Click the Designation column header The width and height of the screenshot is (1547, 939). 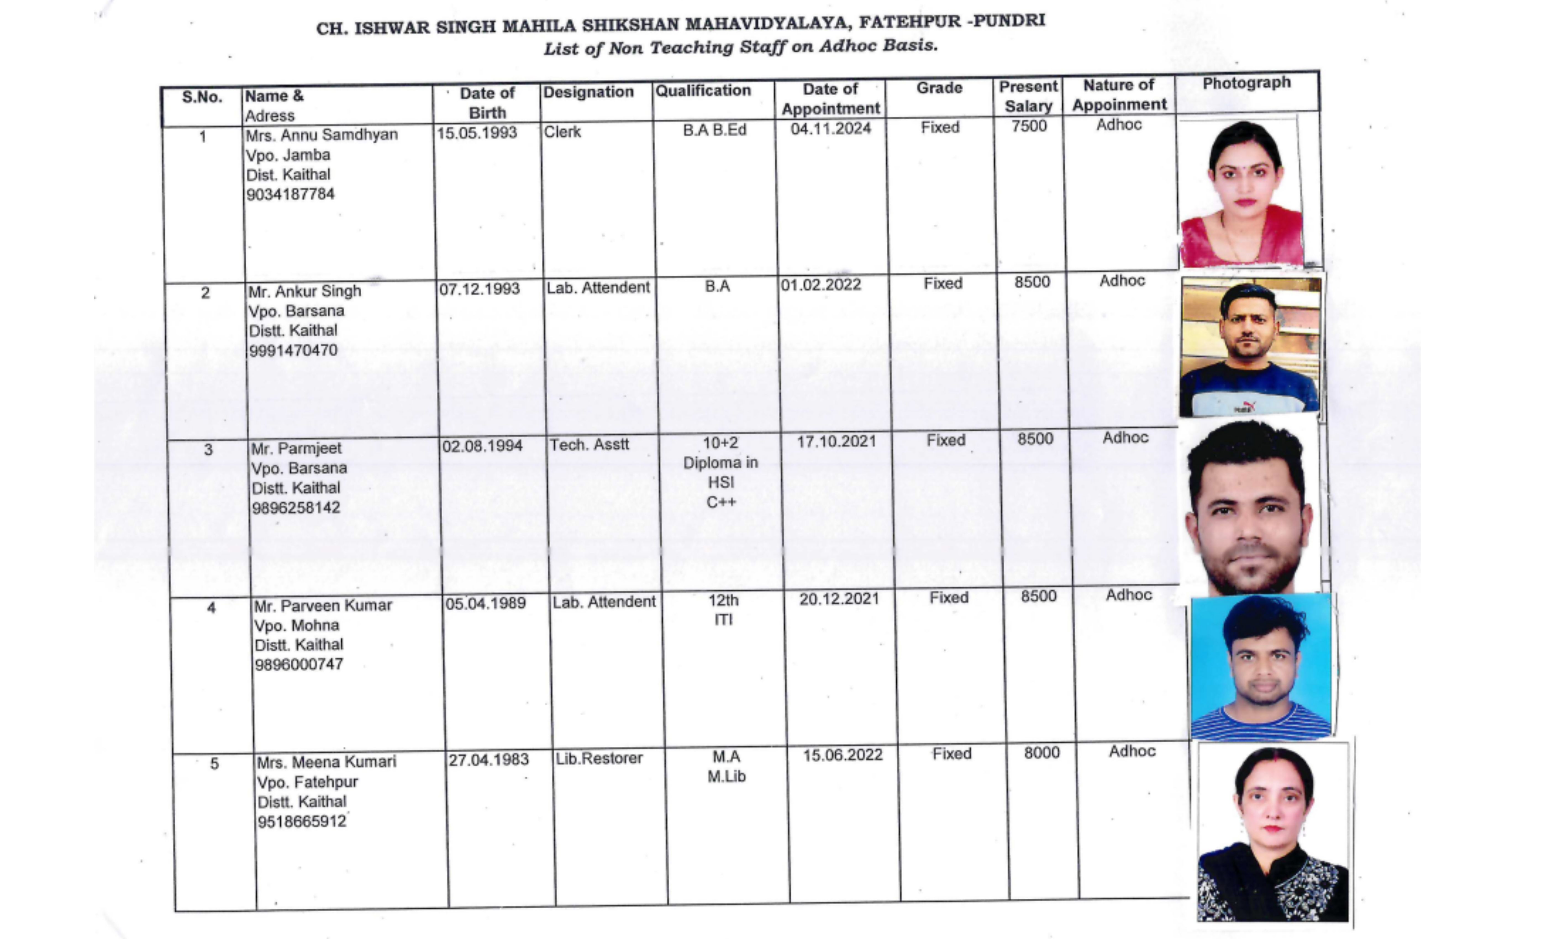click(588, 92)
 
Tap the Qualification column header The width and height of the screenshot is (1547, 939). click(703, 91)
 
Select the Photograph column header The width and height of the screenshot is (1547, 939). click(1246, 83)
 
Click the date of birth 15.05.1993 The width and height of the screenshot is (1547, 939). click(477, 133)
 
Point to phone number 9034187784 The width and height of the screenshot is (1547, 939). click(290, 195)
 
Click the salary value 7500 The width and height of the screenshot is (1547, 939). click(1029, 126)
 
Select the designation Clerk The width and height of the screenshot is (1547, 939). click(562, 132)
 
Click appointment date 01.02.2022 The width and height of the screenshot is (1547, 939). click(820, 285)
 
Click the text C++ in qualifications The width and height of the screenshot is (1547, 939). click(721, 502)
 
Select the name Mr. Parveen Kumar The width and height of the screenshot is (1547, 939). click(323, 606)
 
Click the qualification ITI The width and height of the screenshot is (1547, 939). click(723, 620)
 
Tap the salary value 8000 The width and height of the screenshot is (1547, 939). click(1041, 753)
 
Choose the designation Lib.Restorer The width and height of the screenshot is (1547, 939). click(599, 758)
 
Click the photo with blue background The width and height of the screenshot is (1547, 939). click(1261, 667)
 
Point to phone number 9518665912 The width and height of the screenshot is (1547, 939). click(301, 822)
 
